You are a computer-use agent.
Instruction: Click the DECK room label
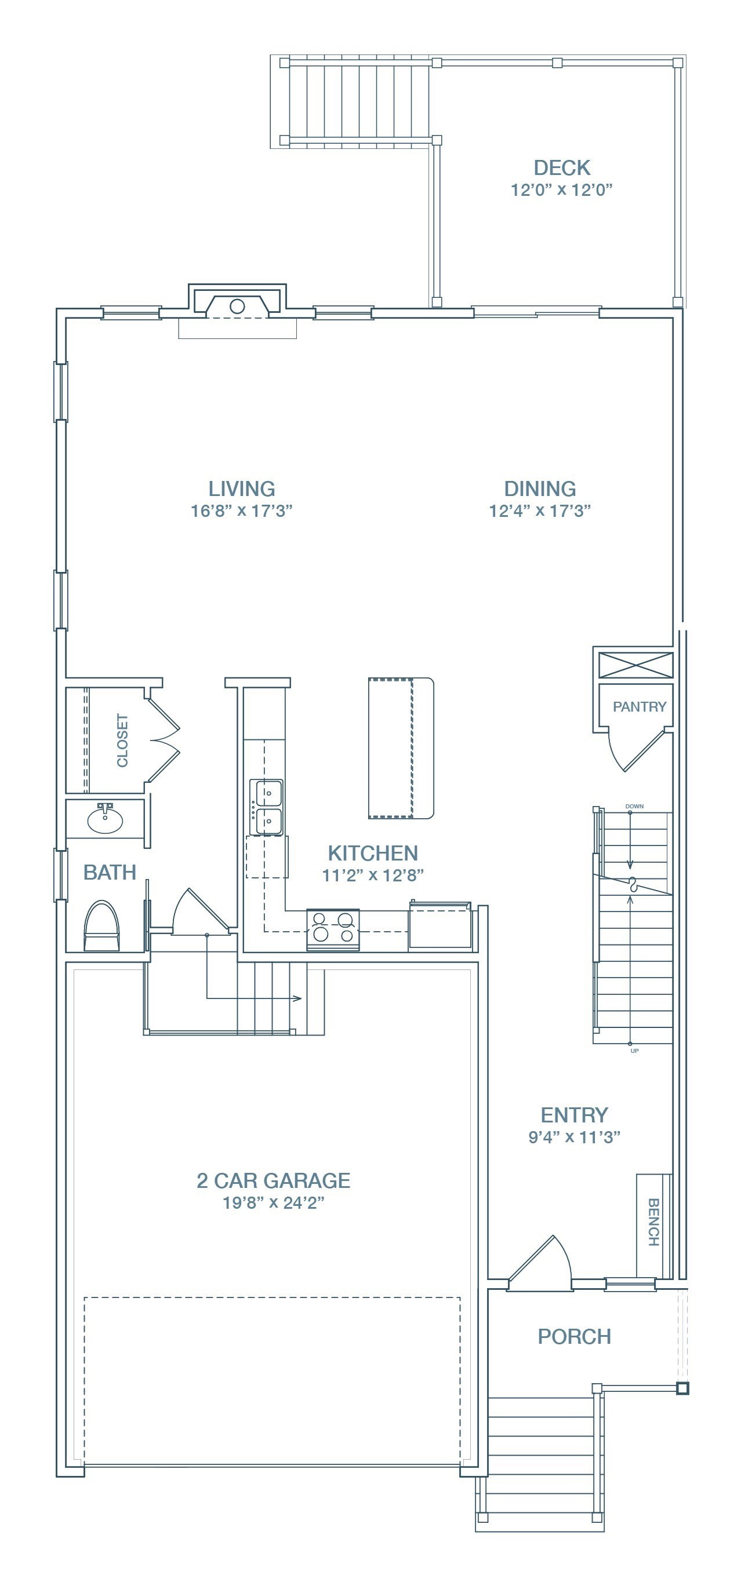562,167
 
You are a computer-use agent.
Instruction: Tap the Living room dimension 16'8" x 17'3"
241,511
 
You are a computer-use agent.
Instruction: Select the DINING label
540,489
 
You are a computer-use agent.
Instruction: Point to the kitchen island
401,748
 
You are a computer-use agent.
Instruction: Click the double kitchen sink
266,807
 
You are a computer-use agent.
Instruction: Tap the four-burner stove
333,929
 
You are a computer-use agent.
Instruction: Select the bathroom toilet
101,926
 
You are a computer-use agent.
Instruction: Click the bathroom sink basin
106,819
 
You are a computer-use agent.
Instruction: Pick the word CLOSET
122,741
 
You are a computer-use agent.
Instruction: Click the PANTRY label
640,707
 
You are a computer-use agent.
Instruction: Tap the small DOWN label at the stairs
634,806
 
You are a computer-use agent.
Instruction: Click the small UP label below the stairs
634,1051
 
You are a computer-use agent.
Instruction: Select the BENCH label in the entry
653,1222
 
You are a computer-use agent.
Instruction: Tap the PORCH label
574,1337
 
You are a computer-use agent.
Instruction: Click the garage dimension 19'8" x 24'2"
274,1203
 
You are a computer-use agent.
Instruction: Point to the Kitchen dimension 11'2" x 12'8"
373,876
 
